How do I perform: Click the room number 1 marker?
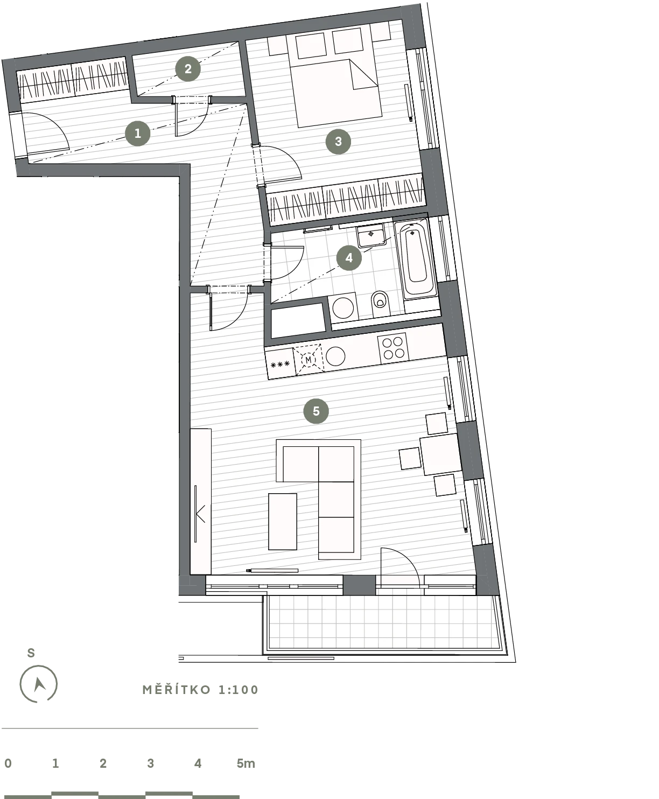137,133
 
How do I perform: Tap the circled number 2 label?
188,69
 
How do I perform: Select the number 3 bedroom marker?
338,142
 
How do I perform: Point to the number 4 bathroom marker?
349,258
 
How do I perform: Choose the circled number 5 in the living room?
316,411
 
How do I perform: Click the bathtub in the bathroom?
416,258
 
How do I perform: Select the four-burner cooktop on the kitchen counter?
394,348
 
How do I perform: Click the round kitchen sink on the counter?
335,356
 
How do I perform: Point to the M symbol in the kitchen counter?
309,360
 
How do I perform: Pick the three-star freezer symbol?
281,364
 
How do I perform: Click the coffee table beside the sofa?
283,522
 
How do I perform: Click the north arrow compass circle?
38,684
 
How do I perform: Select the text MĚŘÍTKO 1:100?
200,690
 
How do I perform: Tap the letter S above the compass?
31,653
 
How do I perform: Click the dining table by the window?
441,454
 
